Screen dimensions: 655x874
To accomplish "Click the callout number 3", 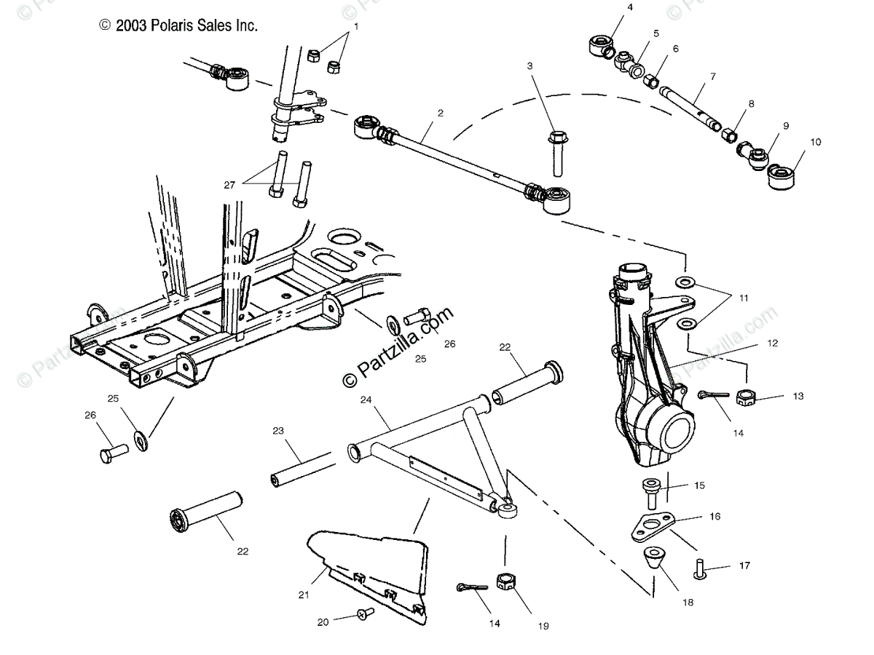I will (529, 66).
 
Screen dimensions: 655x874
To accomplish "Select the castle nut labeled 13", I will (745, 397).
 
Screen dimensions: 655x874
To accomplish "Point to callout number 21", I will (304, 595).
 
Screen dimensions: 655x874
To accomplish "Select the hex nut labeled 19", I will (505, 581).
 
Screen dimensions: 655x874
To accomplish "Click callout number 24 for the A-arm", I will (366, 400).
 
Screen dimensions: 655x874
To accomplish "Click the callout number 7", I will (712, 76).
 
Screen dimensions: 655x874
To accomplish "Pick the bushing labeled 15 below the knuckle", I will (650, 491).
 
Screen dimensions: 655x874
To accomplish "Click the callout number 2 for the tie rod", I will (440, 113).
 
